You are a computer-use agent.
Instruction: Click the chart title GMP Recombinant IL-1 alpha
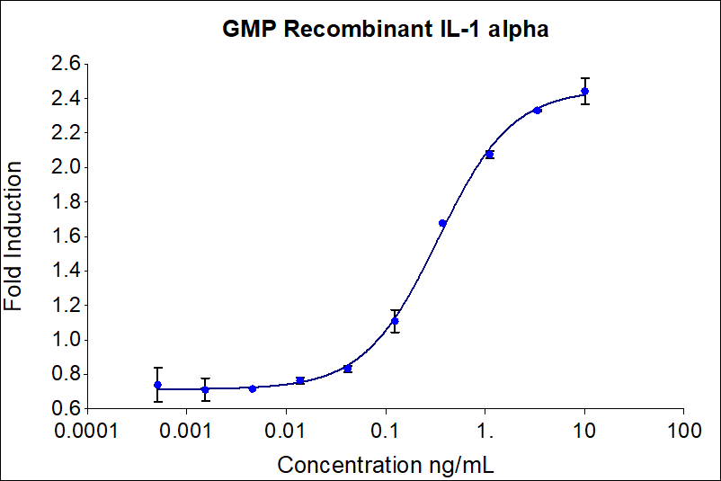pos(386,29)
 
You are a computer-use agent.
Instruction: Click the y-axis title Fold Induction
pos(14,236)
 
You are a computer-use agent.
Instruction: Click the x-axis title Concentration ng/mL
pos(386,465)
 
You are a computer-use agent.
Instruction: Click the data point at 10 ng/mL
pos(585,91)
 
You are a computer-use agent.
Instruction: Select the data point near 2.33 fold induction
pos(537,110)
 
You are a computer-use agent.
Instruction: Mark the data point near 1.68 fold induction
pos(442,223)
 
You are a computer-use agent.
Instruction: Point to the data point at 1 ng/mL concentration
pos(489,155)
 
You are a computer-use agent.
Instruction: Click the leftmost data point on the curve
pos(158,385)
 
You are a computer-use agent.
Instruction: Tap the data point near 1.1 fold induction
pos(395,321)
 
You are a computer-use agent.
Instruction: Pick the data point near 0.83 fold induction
pos(348,369)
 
